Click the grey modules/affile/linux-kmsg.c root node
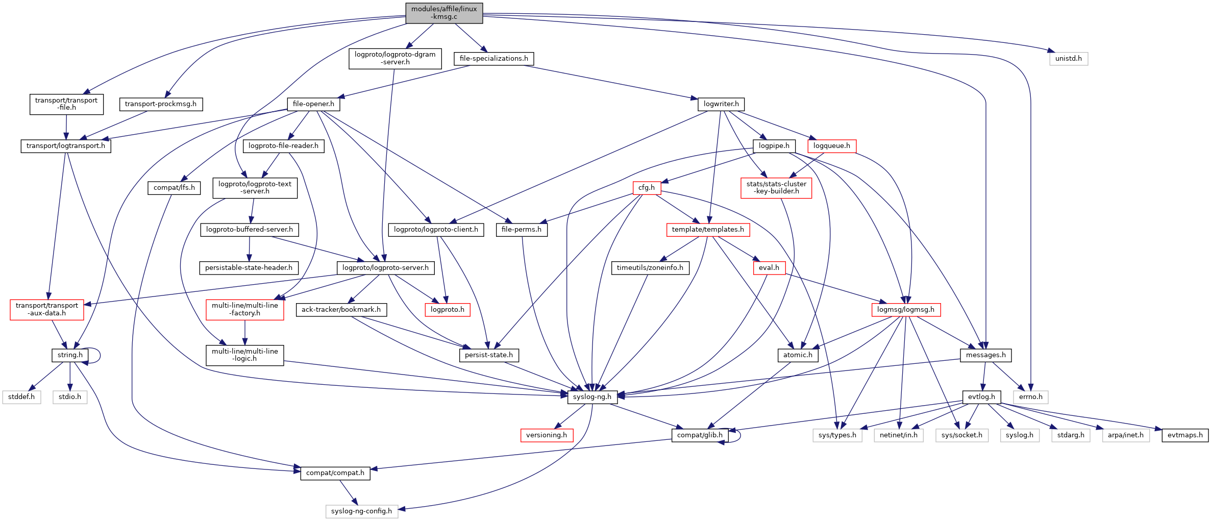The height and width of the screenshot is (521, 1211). point(444,13)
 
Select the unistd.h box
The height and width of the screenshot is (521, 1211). point(1068,59)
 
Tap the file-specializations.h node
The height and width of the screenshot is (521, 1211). point(493,59)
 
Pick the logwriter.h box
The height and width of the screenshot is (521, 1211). point(721,104)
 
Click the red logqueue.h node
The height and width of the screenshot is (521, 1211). point(831,146)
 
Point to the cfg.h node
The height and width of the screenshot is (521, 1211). point(646,188)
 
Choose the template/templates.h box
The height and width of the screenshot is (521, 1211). point(707,230)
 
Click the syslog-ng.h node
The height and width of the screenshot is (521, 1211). point(592,397)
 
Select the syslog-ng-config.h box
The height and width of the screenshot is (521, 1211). point(361,511)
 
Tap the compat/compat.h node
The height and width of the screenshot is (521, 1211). point(335,473)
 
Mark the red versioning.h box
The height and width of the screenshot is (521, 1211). point(546,435)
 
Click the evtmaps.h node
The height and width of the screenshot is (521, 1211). point(1184,435)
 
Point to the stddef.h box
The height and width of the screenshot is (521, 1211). point(21,397)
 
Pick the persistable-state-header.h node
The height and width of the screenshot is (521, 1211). point(249,268)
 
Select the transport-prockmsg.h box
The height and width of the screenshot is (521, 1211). point(160,104)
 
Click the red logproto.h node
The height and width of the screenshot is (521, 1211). point(447,310)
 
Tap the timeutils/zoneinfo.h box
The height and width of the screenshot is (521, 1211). point(650,268)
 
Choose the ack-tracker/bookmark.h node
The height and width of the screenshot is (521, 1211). point(341,310)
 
